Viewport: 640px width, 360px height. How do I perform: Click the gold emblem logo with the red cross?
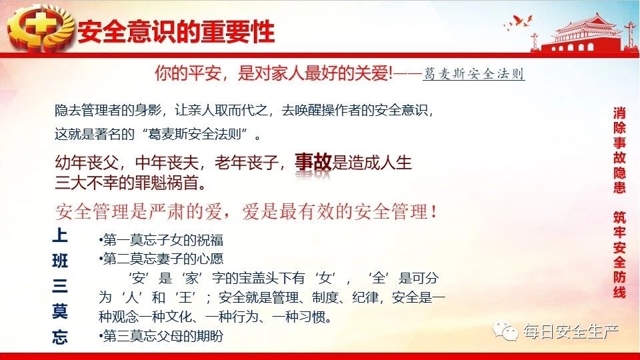tap(41, 28)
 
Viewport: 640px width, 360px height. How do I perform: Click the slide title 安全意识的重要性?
tap(176, 31)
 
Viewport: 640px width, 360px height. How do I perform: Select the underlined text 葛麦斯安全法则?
tap(473, 74)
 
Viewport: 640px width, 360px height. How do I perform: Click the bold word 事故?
tap(313, 162)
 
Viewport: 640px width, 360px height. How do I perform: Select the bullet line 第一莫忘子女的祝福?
tap(161, 240)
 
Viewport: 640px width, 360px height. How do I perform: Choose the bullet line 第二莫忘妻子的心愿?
tap(161, 259)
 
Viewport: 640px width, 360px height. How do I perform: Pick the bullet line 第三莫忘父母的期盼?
tap(161, 336)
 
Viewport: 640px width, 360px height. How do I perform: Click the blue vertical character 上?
tap(60, 235)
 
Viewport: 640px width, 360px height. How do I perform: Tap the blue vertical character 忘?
tap(60, 337)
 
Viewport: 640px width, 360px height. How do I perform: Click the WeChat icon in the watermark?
tap(505, 331)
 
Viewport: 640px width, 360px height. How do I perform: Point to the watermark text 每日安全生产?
tap(571, 332)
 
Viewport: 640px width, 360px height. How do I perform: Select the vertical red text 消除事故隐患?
tap(619, 150)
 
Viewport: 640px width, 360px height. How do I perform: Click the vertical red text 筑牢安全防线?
tap(619, 255)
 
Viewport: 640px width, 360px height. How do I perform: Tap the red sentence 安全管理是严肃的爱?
tap(139, 212)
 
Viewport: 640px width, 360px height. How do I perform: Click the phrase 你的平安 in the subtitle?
tap(188, 73)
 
